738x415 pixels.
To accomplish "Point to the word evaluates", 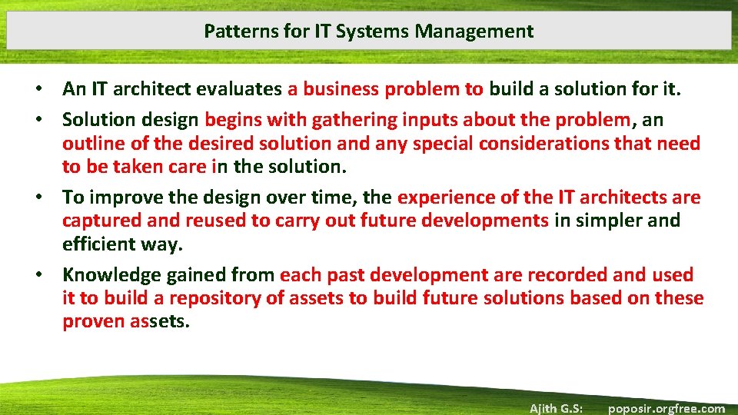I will (x=239, y=89).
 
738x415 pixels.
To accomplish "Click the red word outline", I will (x=91, y=144).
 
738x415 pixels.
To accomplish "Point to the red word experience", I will (x=445, y=198).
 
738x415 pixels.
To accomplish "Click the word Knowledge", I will (x=108, y=275).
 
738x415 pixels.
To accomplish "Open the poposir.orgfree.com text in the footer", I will (x=666, y=408).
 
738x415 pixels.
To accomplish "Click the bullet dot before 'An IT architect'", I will (x=48, y=90).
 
